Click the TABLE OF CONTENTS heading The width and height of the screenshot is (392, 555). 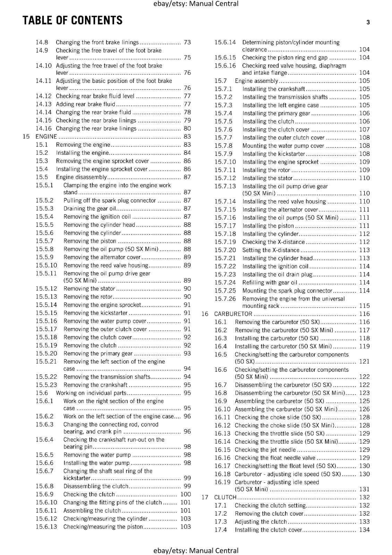click(x=72, y=20)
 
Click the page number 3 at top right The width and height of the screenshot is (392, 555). click(x=368, y=23)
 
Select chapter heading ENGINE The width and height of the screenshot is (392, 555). click(x=46, y=137)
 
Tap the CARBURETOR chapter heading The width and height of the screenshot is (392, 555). click(x=233, y=314)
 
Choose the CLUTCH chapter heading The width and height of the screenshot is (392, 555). click(x=225, y=497)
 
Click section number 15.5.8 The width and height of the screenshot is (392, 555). click(x=44, y=249)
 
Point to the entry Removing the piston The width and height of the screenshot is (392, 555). click(x=90, y=241)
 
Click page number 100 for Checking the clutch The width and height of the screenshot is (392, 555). click(x=186, y=494)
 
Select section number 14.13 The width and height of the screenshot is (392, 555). click(x=43, y=104)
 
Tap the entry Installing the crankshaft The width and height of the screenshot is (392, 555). click(x=274, y=89)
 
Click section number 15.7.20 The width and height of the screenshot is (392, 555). click(x=225, y=250)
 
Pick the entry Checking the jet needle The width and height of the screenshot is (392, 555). click(x=265, y=450)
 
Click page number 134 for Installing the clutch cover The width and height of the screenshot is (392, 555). click(x=364, y=530)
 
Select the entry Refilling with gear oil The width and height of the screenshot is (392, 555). click(x=270, y=283)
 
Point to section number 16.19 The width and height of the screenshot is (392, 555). click(x=222, y=482)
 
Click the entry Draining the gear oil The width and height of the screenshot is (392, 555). click(x=90, y=208)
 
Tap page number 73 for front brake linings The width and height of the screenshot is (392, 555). click(x=187, y=42)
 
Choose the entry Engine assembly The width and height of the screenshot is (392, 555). click(x=256, y=81)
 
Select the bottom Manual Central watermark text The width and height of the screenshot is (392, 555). click(x=196, y=550)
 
